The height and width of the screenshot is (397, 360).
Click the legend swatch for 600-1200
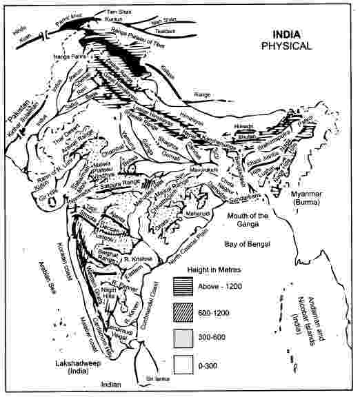tap(183, 312)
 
